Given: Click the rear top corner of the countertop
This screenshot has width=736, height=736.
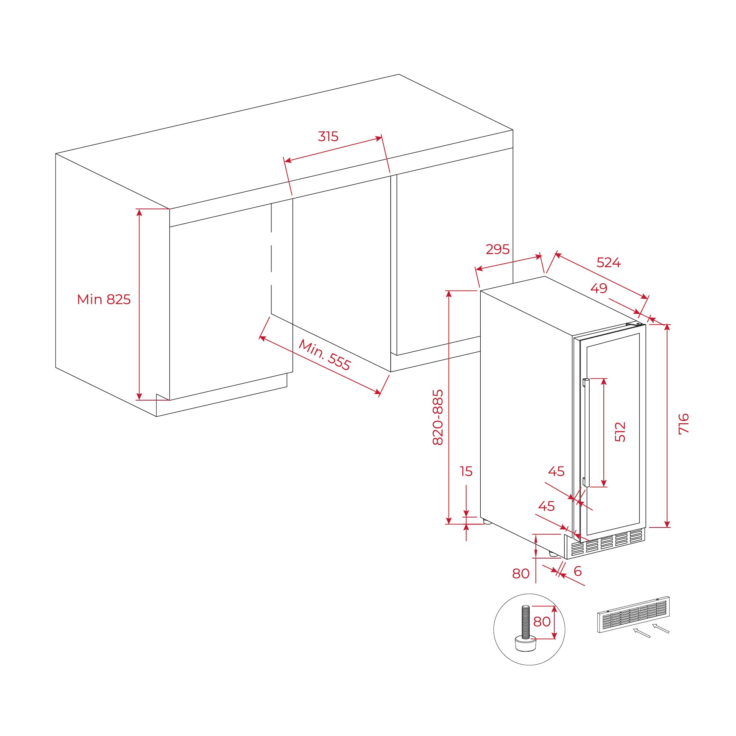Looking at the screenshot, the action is (x=399, y=74).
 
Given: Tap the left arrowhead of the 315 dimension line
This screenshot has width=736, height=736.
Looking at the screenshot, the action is (x=287, y=160).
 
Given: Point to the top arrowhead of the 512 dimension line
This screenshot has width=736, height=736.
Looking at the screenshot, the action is (x=604, y=382).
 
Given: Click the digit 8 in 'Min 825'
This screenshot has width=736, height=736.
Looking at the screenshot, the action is (x=110, y=299).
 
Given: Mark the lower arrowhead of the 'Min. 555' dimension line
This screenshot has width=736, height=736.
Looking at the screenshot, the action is (x=378, y=392).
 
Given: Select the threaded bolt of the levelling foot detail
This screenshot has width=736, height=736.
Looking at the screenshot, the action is (x=526, y=622).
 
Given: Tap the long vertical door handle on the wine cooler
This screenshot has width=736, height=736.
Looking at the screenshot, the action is (x=585, y=432).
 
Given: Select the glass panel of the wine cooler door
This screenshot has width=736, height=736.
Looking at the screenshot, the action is (x=613, y=434).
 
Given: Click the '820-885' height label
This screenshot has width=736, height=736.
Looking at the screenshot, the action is (x=438, y=417).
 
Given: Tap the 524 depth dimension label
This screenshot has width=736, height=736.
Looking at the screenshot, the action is (x=609, y=263).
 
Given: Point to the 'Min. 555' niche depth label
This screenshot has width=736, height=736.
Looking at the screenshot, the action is (x=325, y=355).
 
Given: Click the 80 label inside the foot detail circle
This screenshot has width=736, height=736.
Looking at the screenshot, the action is (x=542, y=621).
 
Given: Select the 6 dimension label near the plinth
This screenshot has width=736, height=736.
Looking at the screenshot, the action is (x=578, y=571).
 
